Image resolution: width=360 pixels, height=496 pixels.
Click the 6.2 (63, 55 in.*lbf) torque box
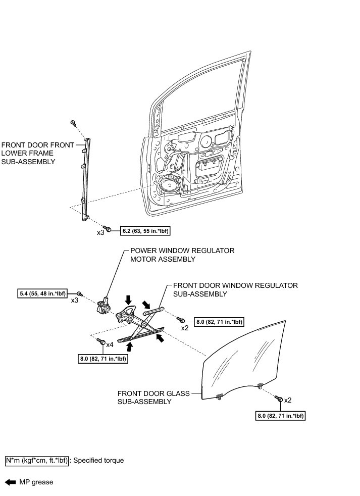(145, 231)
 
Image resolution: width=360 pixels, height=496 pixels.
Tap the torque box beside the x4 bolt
(102, 359)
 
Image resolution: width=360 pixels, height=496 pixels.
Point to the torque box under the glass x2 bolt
(281, 416)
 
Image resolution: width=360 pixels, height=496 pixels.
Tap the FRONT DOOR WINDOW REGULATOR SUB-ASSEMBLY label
(235, 289)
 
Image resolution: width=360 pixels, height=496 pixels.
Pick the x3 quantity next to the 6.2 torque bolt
(101, 233)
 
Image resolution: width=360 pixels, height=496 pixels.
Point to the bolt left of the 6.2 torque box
(108, 229)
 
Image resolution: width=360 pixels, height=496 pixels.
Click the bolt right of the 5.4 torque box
(80, 293)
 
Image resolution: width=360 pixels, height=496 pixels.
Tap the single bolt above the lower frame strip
(74, 123)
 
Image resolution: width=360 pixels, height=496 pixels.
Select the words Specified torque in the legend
(98, 461)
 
